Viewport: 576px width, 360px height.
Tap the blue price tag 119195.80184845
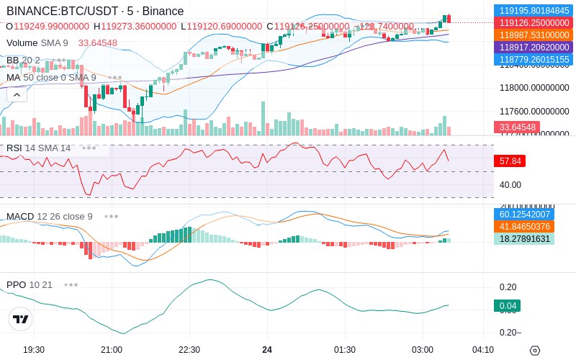534,11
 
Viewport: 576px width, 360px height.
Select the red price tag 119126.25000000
534,23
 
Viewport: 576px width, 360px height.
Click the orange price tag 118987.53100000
534,35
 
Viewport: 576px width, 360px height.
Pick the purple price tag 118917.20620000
534,48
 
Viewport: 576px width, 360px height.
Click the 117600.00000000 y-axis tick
534,112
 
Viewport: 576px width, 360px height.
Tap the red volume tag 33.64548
516,127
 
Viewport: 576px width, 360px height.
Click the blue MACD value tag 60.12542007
534,215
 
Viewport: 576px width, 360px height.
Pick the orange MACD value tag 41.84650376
534,227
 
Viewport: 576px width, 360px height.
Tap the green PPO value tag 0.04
507,306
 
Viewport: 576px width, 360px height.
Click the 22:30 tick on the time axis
189,350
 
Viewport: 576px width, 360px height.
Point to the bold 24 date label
267,350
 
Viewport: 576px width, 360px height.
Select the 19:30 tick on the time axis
34,350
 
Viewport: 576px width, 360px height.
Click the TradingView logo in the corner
21,319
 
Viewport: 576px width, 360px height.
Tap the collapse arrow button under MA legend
17,94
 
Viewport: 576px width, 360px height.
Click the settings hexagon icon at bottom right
534,351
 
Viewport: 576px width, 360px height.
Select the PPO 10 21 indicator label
30,284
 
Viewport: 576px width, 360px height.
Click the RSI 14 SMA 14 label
39,148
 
